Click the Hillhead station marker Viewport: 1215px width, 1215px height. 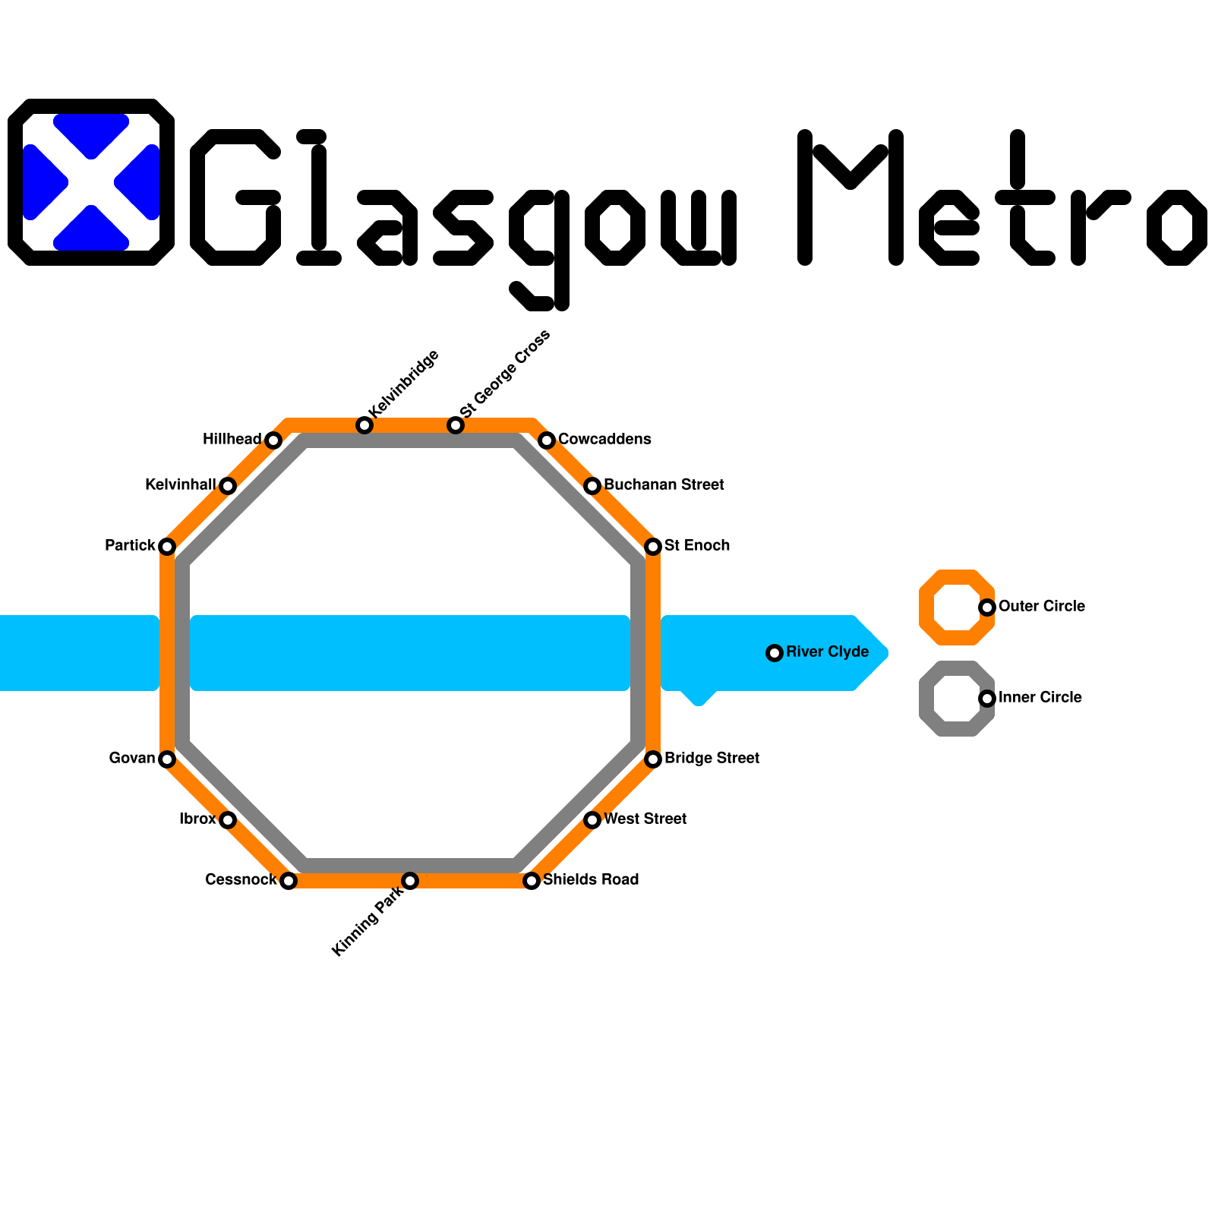[273, 440]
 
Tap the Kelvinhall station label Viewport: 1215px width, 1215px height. [180, 485]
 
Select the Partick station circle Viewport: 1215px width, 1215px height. [167, 547]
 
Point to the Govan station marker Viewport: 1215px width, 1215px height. [167, 759]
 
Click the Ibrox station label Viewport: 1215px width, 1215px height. [197, 819]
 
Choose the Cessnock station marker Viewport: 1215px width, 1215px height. [288, 881]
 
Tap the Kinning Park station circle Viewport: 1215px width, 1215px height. [410, 881]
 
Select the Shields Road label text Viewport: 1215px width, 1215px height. [591, 880]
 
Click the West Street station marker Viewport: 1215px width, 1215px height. [592, 820]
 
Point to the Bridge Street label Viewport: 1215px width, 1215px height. [712, 759]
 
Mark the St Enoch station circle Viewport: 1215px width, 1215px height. [653, 547]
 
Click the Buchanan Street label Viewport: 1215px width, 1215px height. [664, 485]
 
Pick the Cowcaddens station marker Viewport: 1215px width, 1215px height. [547, 440]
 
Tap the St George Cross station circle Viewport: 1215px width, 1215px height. [456, 425]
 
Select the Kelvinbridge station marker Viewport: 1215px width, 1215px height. [364, 425]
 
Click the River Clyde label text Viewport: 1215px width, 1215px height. [827, 652]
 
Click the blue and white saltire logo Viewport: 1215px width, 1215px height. [91, 182]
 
